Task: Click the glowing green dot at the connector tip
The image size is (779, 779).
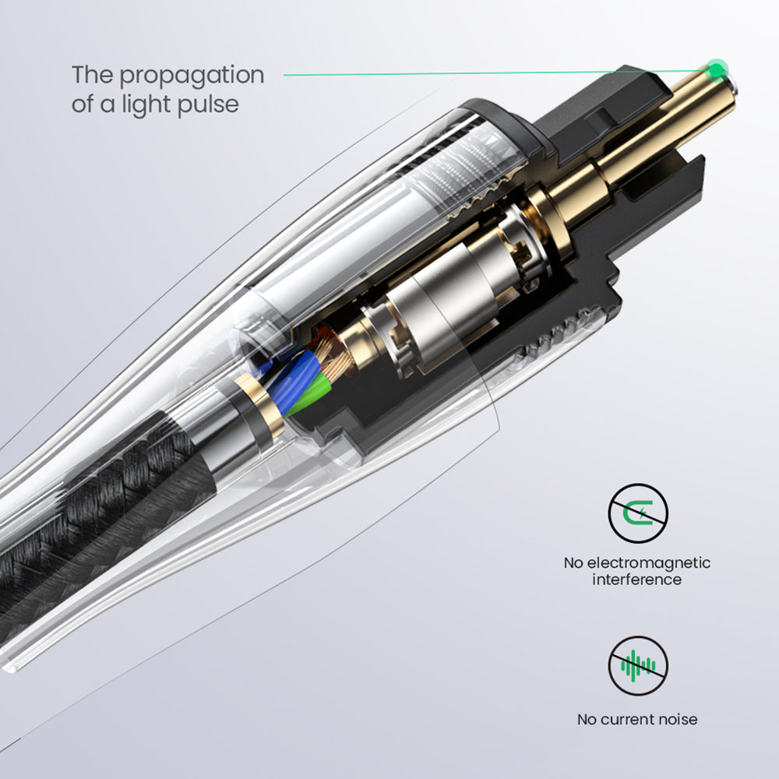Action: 717,70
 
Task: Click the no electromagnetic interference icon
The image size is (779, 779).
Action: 638,513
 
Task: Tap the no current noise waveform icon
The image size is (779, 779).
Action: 638,666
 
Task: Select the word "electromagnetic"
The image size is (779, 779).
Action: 649,563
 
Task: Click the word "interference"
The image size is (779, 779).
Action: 637,580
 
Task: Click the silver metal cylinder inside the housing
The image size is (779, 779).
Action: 442,308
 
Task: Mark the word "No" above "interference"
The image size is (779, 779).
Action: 573,563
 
